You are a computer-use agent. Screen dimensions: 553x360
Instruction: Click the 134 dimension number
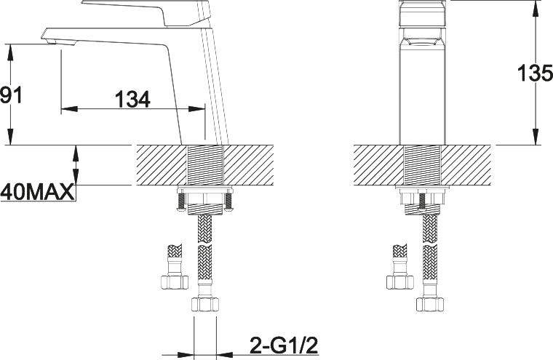133,99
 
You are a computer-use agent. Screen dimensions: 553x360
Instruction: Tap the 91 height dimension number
11,95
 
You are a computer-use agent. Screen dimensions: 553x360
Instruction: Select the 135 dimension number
535,73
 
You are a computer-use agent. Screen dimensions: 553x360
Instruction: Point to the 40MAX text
38,192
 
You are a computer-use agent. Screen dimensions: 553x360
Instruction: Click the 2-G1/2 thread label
284,345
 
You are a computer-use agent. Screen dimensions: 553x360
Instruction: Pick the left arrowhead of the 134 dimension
69,109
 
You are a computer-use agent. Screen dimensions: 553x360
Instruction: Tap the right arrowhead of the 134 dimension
196,109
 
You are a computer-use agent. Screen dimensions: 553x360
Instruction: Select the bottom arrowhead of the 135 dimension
536,137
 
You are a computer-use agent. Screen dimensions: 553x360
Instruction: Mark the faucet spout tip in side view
44,35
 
